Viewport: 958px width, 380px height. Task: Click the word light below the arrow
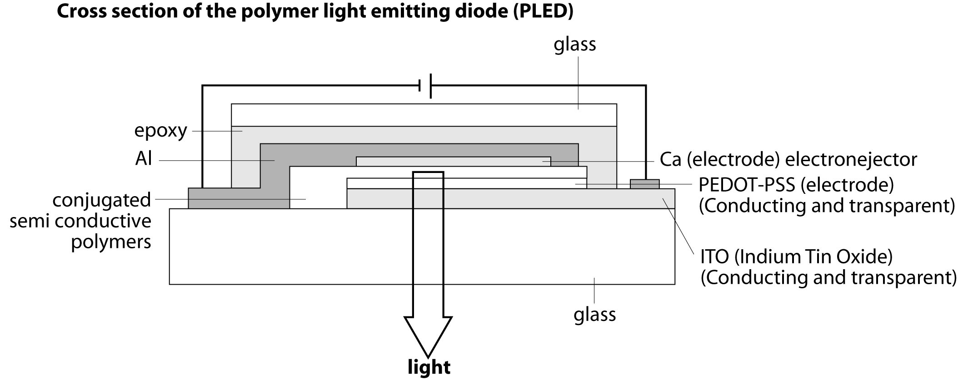429,367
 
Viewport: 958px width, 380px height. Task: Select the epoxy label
160,131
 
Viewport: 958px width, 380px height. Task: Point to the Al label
144,159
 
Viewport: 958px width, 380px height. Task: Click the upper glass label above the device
574,44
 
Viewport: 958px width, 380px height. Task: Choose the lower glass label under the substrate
594,314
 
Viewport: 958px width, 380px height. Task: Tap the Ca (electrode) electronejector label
788,159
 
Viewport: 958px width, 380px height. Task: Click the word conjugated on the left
101,200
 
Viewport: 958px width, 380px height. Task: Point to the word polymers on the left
111,242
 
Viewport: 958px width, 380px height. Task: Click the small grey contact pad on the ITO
644,184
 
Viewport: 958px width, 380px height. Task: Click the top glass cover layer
424,115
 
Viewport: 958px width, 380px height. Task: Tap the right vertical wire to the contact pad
645,132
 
